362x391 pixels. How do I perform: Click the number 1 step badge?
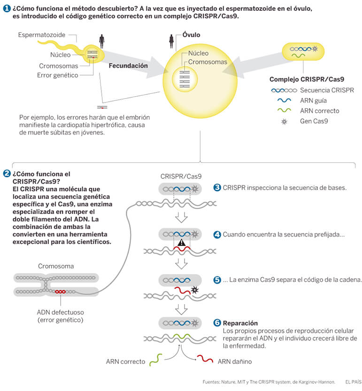click(7, 8)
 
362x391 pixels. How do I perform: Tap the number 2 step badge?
click(7, 174)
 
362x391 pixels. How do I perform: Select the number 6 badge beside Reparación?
click(217, 322)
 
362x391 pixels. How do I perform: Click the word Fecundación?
click(128, 66)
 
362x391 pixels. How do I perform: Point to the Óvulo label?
click(191, 35)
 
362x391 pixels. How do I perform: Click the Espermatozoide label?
click(42, 35)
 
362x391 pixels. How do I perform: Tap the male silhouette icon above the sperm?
click(101, 41)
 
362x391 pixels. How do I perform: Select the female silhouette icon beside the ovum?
click(171, 41)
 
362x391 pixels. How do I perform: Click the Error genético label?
click(58, 75)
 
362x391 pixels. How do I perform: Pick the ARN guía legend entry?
click(313, 100)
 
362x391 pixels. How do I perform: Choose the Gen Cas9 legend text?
click(314, 121)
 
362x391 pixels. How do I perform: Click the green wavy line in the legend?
click(284, 110)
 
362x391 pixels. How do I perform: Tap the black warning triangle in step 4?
click(181, 243)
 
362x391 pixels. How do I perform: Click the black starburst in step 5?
click(194, 290)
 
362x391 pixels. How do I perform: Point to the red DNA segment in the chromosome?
click(60, 291)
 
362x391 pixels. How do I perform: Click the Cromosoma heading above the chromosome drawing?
click(56, 266)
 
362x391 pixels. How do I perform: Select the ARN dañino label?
click(234, 361)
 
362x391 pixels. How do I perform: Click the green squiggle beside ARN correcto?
click(156, 360)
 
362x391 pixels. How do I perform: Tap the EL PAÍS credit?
click(353, 382)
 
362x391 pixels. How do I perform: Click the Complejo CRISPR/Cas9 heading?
click(307, 79)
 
